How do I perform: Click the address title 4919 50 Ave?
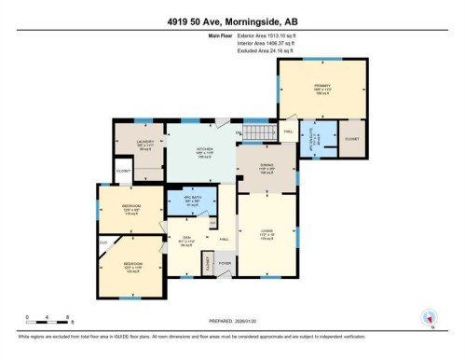point(232,21)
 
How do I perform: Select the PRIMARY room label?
point(321,87)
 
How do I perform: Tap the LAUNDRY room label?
point(144,142)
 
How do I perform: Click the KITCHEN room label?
point(203,149)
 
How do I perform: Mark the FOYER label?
point(225,263)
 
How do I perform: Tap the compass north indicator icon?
point(430,317)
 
